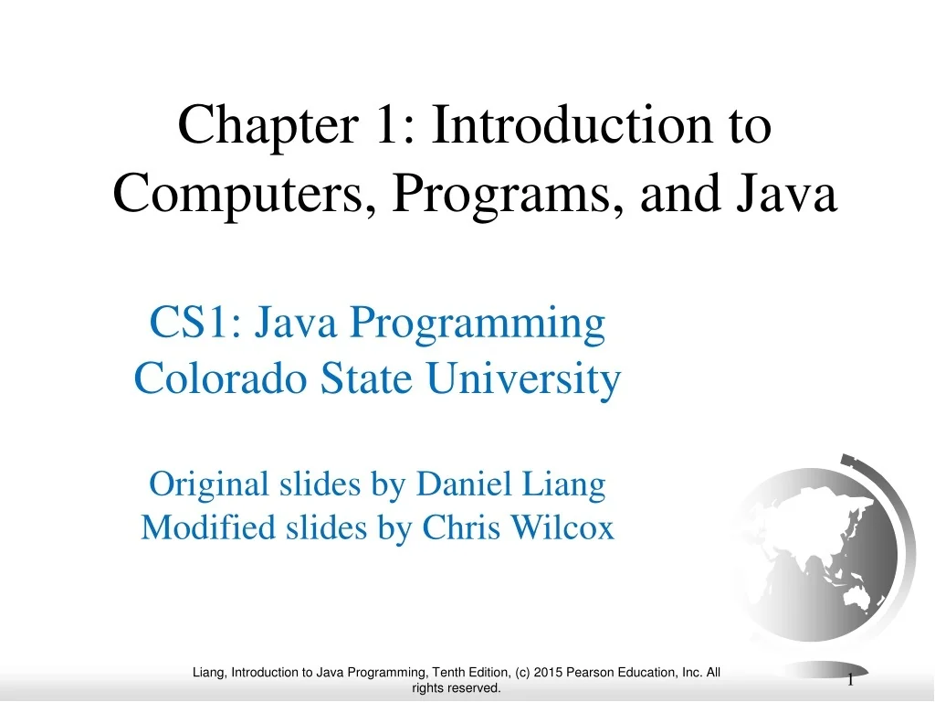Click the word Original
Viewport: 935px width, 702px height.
coord(209,484)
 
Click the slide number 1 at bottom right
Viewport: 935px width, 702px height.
coord(850,679)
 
